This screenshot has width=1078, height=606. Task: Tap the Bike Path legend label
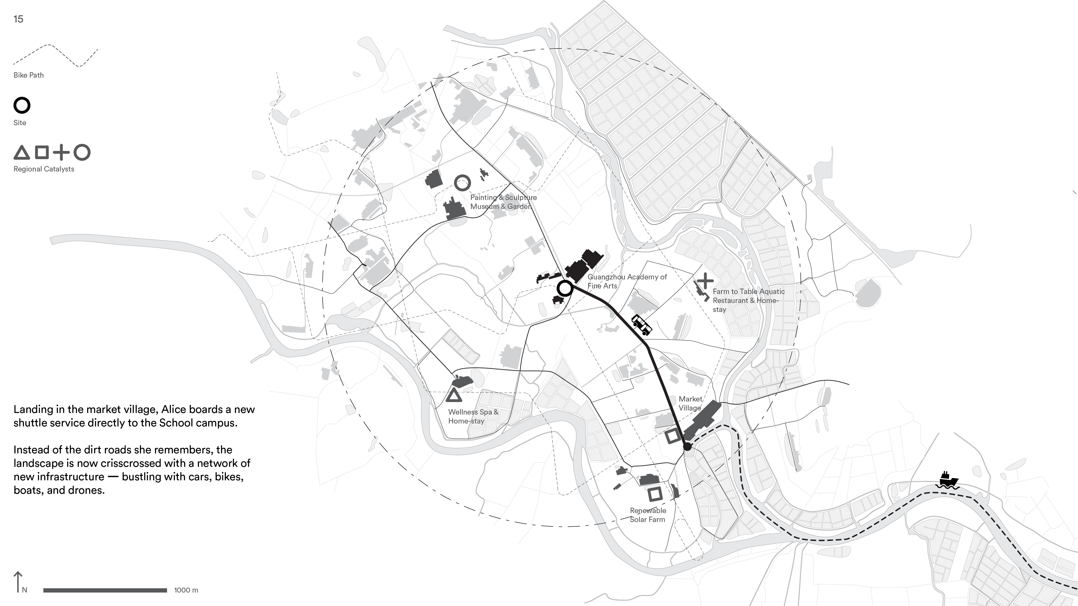point(29,75)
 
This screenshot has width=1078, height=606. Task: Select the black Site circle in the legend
point(22,105)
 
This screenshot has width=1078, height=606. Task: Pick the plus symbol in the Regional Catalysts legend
point(62,153)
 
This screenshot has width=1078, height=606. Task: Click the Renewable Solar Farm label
point(647,515)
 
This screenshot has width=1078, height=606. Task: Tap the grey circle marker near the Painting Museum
point(462,183)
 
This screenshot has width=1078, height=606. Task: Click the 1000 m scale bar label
point(186,590)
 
